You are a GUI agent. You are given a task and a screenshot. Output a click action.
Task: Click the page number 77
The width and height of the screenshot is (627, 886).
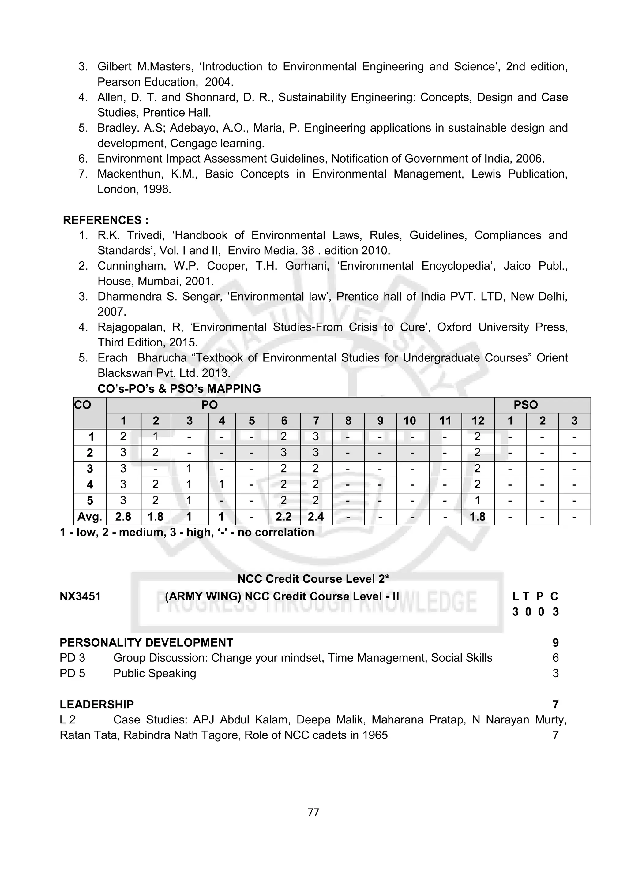click(313, 812)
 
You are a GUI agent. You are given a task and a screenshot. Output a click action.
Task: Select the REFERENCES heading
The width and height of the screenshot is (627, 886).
click(105, 220)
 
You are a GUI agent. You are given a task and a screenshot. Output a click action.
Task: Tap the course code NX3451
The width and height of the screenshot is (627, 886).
click(80, 596)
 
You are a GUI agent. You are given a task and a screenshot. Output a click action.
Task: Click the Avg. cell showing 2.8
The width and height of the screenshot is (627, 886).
click(123, 517)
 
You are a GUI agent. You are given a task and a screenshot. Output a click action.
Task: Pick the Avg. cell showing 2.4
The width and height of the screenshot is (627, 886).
click(316, 517)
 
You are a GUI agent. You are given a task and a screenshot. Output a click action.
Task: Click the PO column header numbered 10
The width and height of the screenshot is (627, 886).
click(410, 421)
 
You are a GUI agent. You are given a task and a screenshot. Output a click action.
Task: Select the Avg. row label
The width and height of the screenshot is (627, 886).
click(90, 517)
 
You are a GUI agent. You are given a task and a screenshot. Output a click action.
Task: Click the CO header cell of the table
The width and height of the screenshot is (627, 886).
click(83, 405)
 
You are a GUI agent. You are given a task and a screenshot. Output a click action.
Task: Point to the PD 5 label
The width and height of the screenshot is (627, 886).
click(73, 673)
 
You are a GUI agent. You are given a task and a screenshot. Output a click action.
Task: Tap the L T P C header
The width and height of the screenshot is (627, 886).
click(535, 596)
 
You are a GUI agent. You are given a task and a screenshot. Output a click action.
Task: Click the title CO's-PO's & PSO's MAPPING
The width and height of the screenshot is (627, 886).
click(179, 389)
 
